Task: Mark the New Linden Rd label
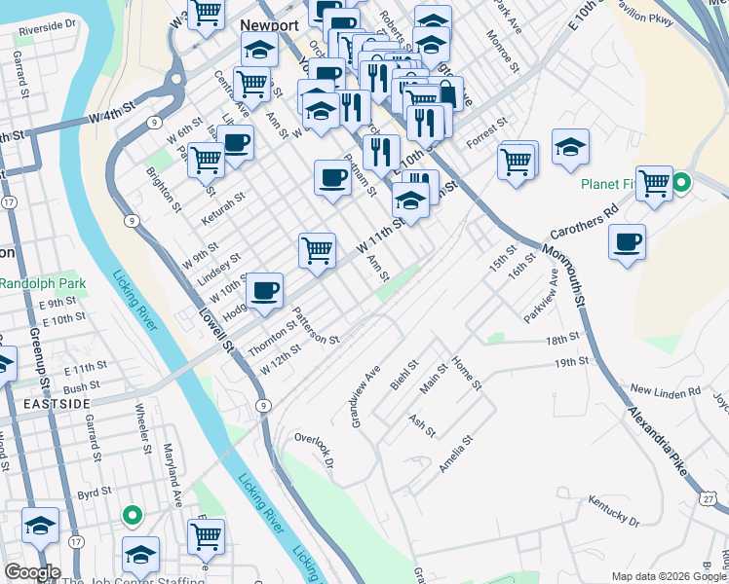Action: [666, 390]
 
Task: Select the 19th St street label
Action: [573, 361]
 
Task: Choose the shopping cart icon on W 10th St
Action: [317, 250]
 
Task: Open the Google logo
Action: [32, 572]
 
